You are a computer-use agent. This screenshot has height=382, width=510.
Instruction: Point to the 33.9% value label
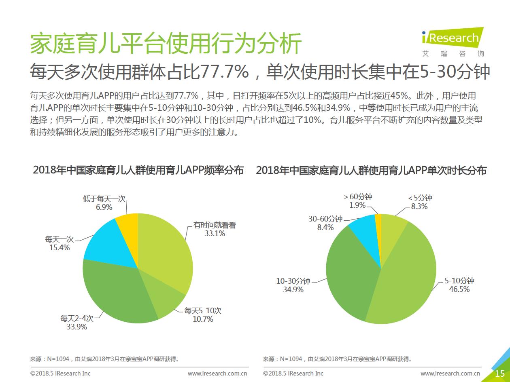pos(77,327)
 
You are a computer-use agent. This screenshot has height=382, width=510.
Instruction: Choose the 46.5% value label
pos(459,289)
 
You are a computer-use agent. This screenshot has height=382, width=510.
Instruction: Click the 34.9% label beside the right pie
pos(293,290)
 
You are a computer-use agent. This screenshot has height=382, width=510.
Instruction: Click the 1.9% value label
pos(357,205)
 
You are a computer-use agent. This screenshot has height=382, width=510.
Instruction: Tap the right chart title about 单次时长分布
pos(371,171)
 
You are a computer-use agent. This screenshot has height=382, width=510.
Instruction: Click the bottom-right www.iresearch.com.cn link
pos(450,374)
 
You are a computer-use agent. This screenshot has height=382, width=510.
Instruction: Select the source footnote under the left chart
pos(104,359)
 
